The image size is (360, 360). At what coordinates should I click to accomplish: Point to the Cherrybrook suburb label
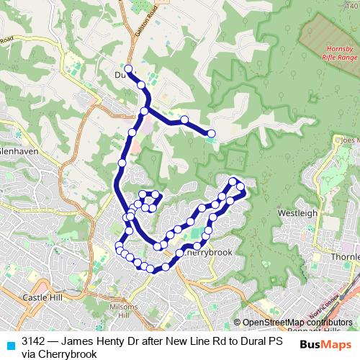click(x=208, y=253)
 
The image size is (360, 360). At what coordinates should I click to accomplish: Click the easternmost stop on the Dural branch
click(x=212, y=133)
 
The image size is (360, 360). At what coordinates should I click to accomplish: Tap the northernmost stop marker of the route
click(x=128, y=69)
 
